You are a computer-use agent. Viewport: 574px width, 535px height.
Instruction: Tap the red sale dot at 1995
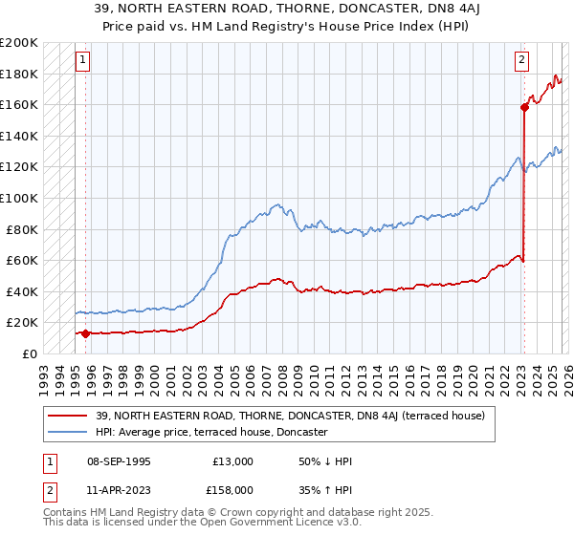[86, 333]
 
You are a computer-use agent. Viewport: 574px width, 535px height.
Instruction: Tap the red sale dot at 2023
[524, 107]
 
